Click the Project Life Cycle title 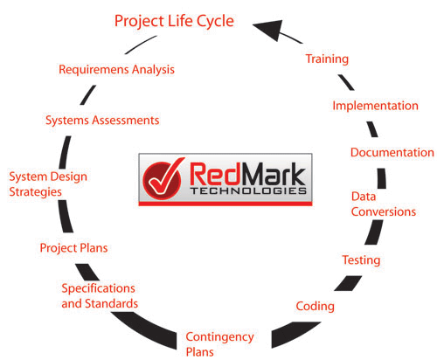[x=174, y=22]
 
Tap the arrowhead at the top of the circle [x=269, y=29]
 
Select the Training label [x=327, y=59]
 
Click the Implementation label [x=375, y=106]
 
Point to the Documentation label [x=392, y=152]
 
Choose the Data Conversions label [x=384, y=204]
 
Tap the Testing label [x=361, y=260]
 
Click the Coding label [x=316, y=307]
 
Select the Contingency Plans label [x=219, y=344]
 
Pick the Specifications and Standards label [x=100, y=296]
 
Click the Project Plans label [x=73, y=248]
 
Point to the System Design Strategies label [x=48, y=184]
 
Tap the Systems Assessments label [x=102, y=121]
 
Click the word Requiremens [x=94, y=70]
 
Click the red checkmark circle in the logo [x=163, y=178]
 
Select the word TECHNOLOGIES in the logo [x=248, y=190]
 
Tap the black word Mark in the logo [x=272, y=174]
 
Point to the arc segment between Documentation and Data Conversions [x=382, y=178]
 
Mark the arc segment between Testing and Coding [x=349, y=283]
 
